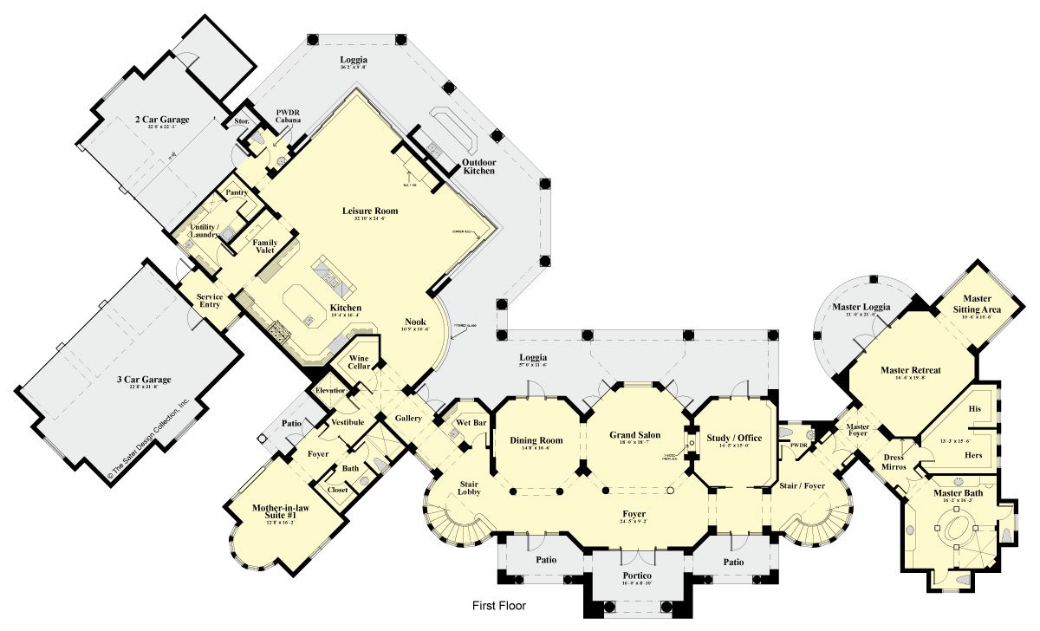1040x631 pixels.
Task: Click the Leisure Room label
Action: [370, 211]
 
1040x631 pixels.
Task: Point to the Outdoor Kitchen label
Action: [478, 166]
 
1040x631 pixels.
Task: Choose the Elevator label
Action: [330, 391]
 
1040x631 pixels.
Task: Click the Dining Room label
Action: [536, 440]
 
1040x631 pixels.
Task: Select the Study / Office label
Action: [733, 438]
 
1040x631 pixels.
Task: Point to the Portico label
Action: [637, 576]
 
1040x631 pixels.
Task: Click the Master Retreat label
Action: [911, 370]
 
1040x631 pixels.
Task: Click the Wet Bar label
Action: [471, 423]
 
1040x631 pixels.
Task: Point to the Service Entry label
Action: [210, 302]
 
